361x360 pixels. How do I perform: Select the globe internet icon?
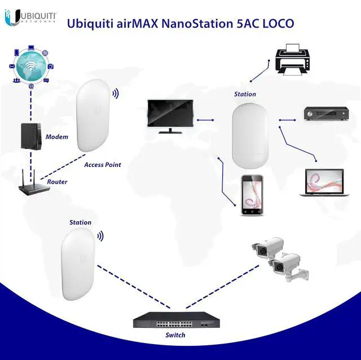[x=31, y=67]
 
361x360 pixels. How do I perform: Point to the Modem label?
[x=56, y=137]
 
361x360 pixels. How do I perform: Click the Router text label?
[x=57, y=182]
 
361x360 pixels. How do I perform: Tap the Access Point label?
[x=103, y=165]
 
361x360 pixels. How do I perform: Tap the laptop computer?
[x=322, y=181]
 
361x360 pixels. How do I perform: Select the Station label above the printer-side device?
[x=245, y=94]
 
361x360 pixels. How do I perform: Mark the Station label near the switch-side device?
[x=80, y=222]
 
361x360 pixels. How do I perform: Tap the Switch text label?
[x=175, y=335]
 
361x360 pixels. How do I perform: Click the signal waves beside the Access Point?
[x=115, y=93]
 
